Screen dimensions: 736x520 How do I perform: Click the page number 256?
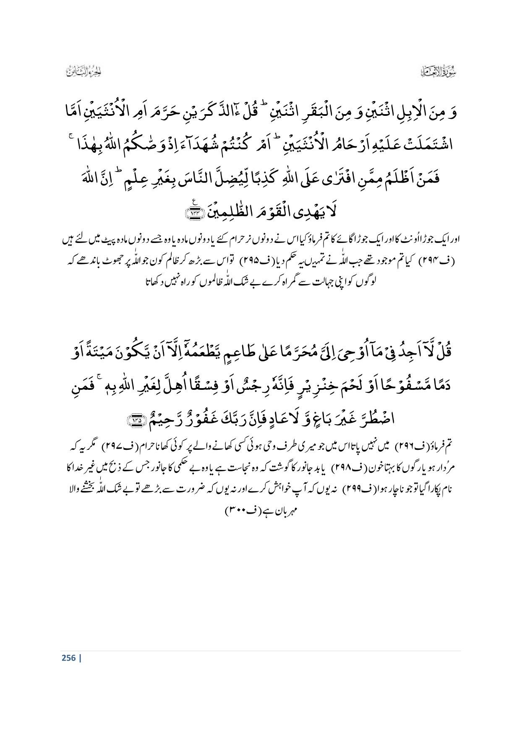point(68,658)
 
